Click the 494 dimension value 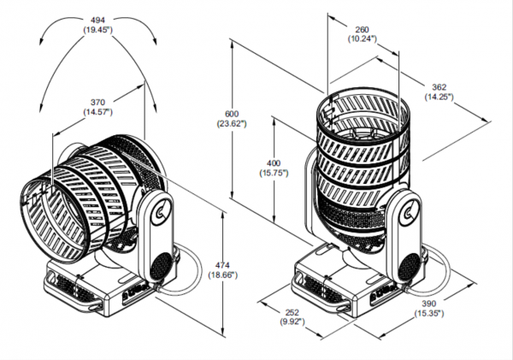tap(97, 21)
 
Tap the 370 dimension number tap(97, 103)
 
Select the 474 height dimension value tap(223, 265)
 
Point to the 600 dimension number tap(232, 114)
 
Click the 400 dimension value tap(274, 162)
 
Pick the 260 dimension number tap(362, 29)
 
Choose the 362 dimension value tap(439, 87)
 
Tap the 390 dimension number tap(429, 304)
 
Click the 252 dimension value tap(292, 312)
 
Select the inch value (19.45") tap(97, 30)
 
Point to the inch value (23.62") tap(232, 123)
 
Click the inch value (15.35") tap(429, 313)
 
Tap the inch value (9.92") tap(292, 322)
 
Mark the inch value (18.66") tap(223, 274)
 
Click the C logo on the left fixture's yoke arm tap(161, 212)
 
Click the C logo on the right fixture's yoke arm tap(408, 213)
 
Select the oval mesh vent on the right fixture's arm tap(409, 266)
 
